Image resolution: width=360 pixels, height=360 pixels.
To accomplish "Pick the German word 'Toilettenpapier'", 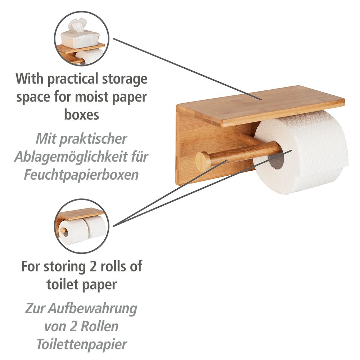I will (x=81, y=344).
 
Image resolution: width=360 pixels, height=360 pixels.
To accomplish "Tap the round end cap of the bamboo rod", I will (x=202, y=161).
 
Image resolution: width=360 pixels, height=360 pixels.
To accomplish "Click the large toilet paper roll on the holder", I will (x=310, y=151).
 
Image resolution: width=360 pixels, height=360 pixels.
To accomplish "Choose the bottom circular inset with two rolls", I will (x=81, y=226).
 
